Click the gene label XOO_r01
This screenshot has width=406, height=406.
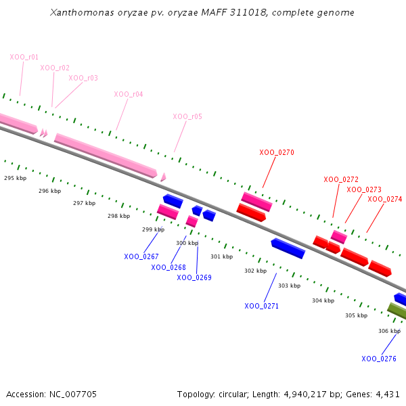[24, 57]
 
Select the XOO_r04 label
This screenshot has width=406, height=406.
[129, 94]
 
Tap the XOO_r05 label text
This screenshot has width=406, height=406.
[187, 116]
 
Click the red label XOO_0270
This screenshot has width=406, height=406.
[277, 152]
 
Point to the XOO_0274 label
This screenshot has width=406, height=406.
[385, 199]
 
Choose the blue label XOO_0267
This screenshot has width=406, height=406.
[141, 256]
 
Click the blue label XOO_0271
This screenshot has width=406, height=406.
[262, 306]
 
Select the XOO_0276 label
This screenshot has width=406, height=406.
[379, 359]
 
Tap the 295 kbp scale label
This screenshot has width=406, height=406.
[15, 178]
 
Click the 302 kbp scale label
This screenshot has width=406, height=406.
[255, 271]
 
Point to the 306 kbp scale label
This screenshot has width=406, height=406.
[389, 331]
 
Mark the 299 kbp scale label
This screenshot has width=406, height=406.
[153, 229]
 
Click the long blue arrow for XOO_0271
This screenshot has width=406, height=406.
[288, 248]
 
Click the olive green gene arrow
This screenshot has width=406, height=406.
[397, 311]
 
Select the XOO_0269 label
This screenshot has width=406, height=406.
[196, 277]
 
